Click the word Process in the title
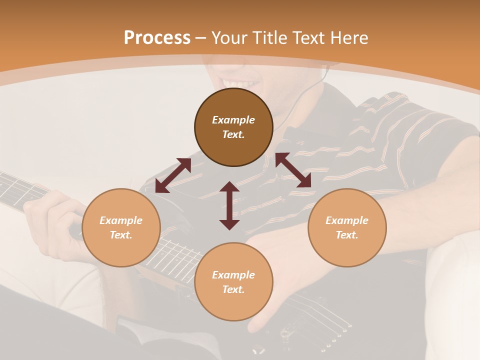pos(157,38)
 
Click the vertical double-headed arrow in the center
pos(229,205)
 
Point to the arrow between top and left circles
pos(173,175)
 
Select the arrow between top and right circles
pos(293,170)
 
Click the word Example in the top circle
pos(233,120)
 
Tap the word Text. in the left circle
pos(121,235)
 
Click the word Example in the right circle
pos(347,220)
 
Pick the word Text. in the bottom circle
pos(233,289)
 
